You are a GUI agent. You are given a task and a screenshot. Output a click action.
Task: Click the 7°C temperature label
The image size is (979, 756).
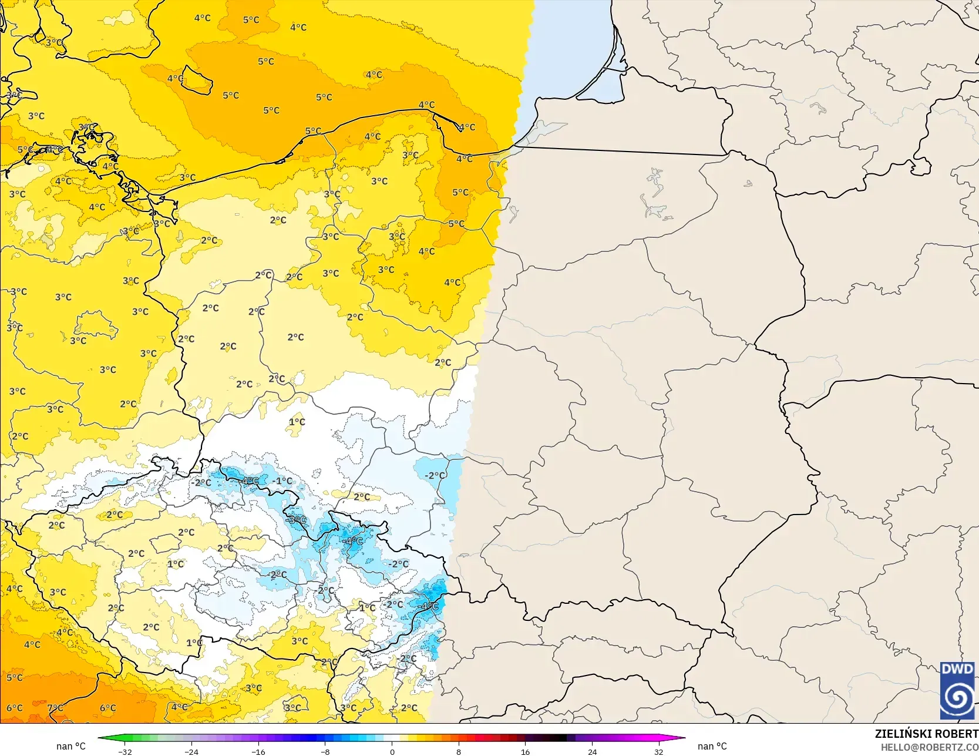[55, 708]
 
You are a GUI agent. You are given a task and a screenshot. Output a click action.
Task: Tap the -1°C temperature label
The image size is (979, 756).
[282, 481]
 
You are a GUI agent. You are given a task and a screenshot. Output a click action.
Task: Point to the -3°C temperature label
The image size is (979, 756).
[296, 520]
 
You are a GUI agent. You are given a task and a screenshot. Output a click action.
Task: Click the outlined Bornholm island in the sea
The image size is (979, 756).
[197, 82]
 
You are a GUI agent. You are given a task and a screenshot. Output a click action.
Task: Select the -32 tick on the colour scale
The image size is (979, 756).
[125, 751]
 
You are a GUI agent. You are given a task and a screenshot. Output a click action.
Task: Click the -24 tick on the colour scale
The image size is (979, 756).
[191, 751]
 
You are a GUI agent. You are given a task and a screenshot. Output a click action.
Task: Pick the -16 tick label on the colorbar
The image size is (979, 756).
[258, 751]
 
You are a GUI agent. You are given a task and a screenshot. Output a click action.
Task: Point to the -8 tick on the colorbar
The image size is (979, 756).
[325, 751]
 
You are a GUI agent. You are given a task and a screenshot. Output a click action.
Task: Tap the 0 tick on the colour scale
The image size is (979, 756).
[392, 751]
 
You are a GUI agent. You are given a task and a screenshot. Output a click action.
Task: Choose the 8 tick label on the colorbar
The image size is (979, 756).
[459, 751]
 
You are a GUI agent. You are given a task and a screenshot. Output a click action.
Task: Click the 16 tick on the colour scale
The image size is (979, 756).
[525, 751]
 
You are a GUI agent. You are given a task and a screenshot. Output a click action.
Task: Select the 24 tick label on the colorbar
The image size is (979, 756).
[592, 751]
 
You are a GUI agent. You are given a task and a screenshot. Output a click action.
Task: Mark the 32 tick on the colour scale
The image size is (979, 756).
[659, 751]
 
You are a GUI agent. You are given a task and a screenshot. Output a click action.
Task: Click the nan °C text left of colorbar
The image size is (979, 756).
[71, 746]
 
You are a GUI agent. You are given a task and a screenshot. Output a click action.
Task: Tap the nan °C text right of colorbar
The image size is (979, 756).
[712, 746]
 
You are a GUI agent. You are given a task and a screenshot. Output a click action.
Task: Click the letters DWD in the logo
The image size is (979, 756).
[957, 669]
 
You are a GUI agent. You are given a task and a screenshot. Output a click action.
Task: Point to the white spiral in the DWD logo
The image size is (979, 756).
[957, 698]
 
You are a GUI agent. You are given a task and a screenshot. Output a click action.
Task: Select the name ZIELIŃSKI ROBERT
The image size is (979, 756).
[926, 734]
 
